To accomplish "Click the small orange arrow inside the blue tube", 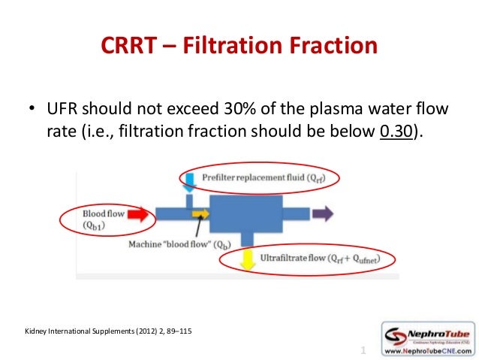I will [200, 214].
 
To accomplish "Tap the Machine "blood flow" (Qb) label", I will [179, 244].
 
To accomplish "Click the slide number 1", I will [363, 350].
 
